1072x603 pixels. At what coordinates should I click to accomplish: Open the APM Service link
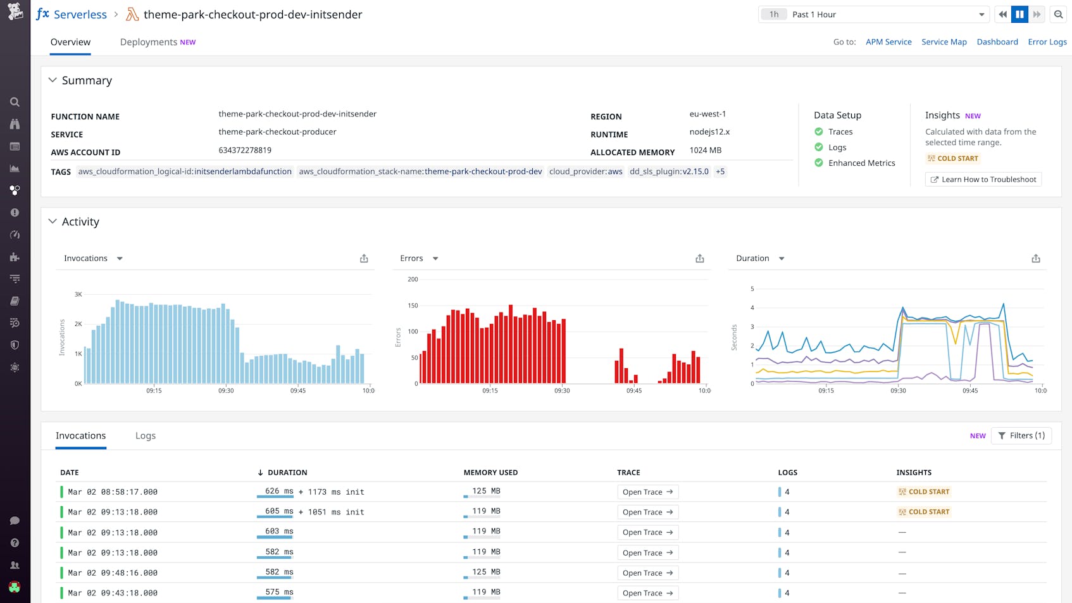(888, 42)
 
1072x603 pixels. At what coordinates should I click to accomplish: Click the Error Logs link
(1047, 42)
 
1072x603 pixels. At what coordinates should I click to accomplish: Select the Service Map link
(944, 42)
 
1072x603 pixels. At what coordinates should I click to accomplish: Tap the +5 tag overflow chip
(720, 171)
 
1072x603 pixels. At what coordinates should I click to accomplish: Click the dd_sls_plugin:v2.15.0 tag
(669, 171)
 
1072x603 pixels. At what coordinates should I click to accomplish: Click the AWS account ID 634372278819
(245, 150)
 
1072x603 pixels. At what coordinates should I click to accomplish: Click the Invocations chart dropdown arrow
(120, 259)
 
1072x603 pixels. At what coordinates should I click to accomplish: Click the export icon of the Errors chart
(699, 259)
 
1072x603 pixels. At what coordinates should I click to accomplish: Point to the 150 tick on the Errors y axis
(413, 306)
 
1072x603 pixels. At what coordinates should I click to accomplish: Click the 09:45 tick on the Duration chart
(969, 391)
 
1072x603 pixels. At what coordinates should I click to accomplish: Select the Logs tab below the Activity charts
(145, 436)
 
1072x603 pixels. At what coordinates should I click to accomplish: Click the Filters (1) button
(1021, 436)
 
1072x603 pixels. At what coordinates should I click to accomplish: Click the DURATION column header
(287, 473)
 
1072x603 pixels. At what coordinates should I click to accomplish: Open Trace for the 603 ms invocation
(647, 533)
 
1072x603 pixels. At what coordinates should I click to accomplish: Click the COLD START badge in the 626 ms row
(924, 492)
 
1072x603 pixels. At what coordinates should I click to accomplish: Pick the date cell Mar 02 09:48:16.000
(113, 573)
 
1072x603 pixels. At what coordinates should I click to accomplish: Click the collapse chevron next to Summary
(53, 80)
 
